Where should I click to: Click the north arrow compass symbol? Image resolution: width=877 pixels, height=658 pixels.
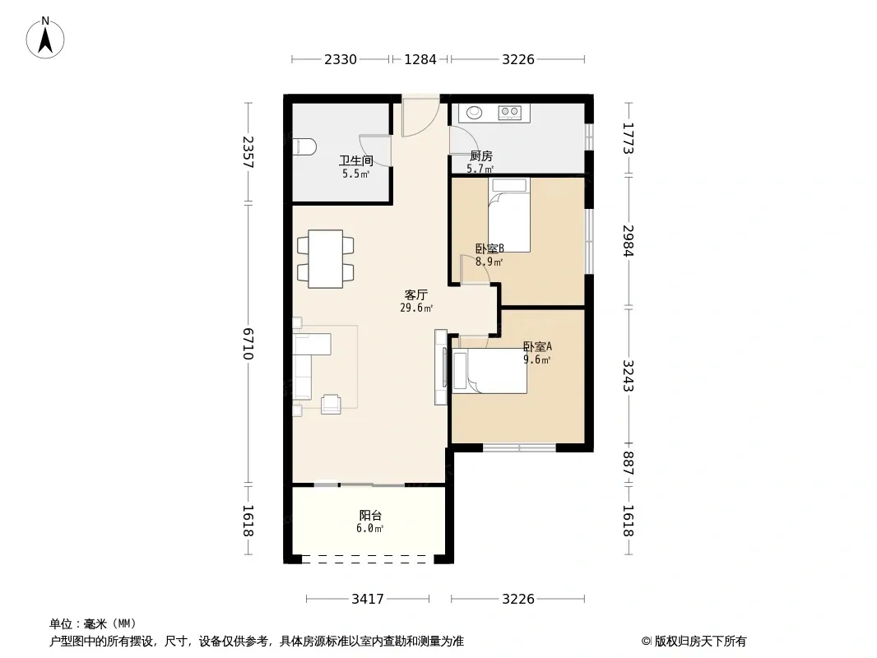[x=45, y=38]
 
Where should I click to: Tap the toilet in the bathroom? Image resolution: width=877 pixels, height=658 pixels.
[x=304, y=147]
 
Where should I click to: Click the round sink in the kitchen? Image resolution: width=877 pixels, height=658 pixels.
[x=475, y=113]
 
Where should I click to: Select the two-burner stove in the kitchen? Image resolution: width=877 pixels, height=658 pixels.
[x=509, y=113]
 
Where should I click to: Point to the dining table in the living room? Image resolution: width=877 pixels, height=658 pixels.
[x=326, y=259]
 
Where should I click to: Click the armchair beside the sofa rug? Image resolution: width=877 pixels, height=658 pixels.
[x=331, y=404]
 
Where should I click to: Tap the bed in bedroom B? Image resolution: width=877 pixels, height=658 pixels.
[x=508, y=215]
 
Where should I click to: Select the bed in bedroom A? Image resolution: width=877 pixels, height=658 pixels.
[x=490, y=371]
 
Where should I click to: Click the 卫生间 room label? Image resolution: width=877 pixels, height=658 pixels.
[x=355, y=161]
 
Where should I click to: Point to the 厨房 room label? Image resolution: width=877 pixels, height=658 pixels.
[x=480, y=156]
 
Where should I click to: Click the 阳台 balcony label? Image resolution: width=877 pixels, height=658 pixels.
[x=370, y=515]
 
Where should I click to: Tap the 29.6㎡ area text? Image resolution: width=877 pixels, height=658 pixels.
[x=416, y=308]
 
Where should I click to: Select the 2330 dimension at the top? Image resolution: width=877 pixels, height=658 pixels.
[x=341, y=59]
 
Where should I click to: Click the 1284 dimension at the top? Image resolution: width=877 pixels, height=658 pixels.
[x=420, y=59]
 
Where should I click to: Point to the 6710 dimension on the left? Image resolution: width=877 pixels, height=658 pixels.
[x=248, y=344]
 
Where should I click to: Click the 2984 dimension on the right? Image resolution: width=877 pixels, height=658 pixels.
[x=629, y=241]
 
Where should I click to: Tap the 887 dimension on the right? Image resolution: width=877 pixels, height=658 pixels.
[x=629, y=463]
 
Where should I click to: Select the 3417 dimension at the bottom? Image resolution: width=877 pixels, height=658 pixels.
[x=368, y=600]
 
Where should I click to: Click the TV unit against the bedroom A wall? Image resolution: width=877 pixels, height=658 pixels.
[x=441, y=368]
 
